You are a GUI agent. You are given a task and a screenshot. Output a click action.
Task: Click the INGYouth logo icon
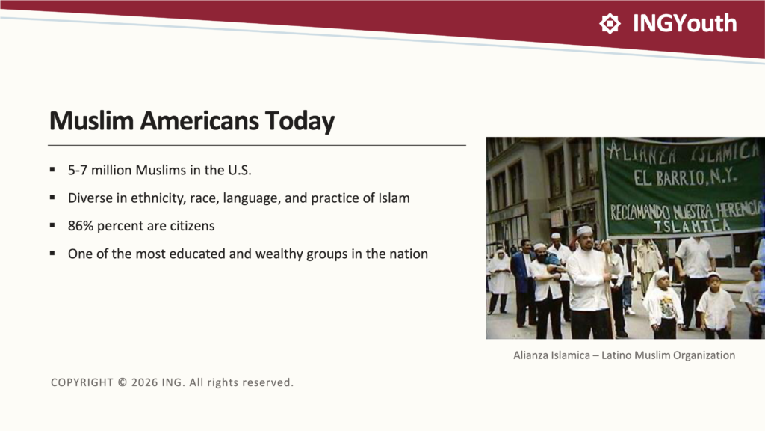[x=610, y=23]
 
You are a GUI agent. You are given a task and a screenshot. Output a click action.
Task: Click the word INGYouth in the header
[x=684, y=23]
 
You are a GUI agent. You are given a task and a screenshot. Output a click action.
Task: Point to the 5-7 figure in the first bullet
[x=77, y=170]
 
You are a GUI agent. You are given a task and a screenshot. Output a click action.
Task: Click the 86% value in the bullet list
[x=81, y=226]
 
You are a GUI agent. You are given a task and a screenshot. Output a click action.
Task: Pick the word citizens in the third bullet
[x=192, y=226]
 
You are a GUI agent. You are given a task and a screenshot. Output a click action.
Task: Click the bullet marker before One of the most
[x=52, y=253]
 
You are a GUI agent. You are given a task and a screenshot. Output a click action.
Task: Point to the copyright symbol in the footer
[x=123, y=382]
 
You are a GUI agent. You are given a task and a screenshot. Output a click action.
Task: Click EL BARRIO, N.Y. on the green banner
[x=685, y=177]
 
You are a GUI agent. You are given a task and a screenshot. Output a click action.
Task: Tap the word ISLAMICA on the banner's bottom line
[x=691, y=226]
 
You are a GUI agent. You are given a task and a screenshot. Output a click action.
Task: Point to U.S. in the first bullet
[x=240, y=170]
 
